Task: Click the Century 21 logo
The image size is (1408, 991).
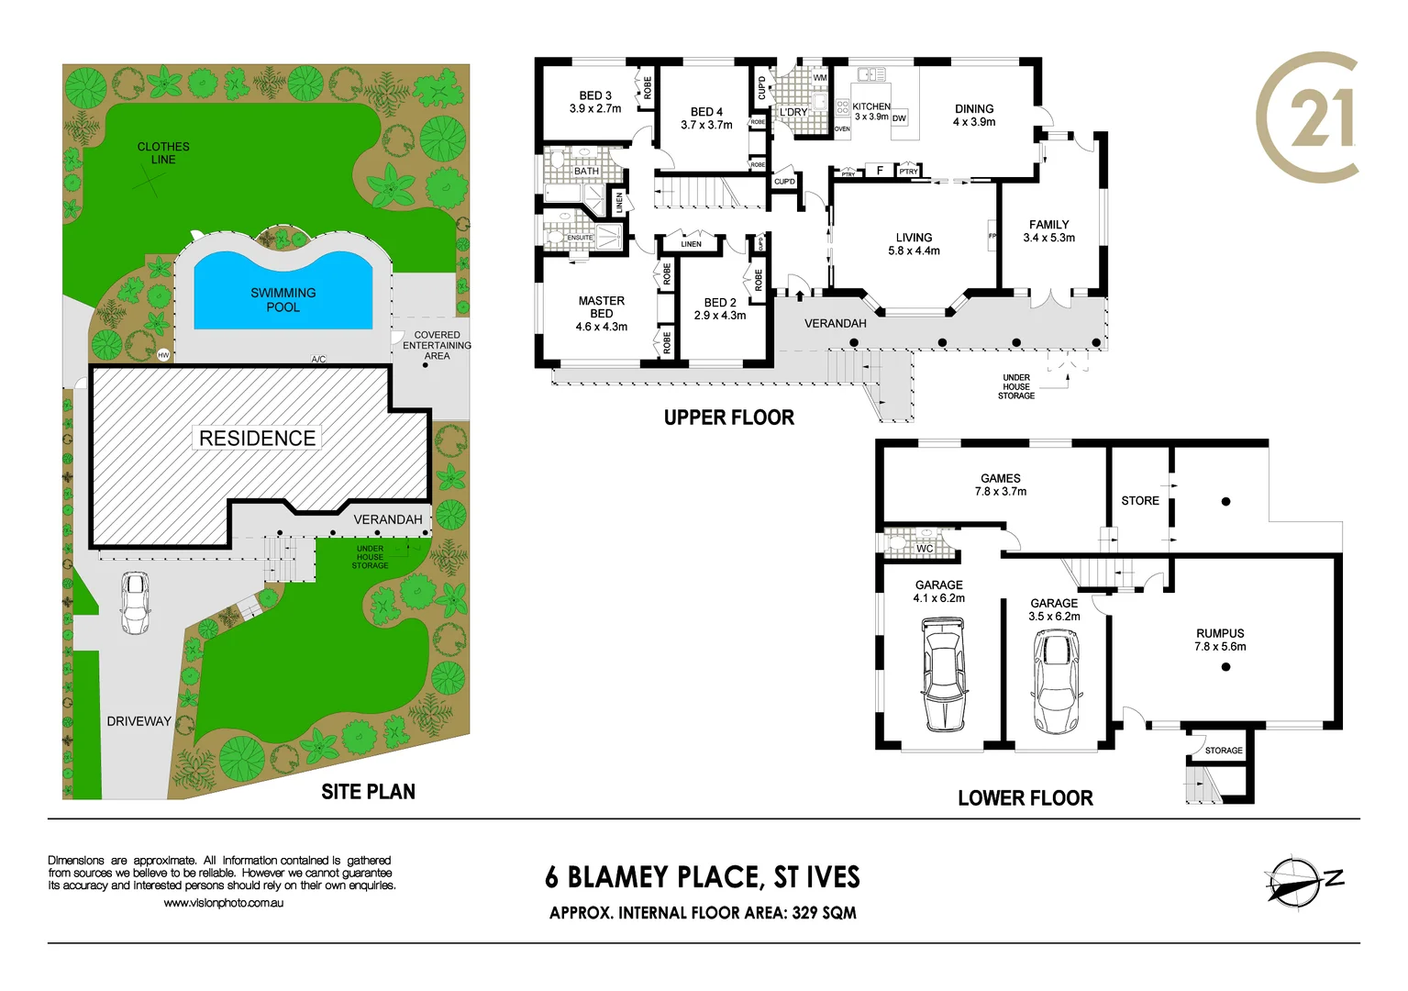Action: pyautogui.click(x=1307, y=117)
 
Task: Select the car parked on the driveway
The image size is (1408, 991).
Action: pyautogui.click(x=135, y=603)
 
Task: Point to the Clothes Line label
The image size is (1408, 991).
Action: pyautogui.click(x=163, y=152)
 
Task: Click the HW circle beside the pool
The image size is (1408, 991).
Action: pyautogui.click(x=163, y=355)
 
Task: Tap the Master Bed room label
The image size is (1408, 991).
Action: pyautogui.click(x=601, y=307)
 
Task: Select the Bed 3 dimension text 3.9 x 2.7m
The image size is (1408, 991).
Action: pyautogui.click(x=595, y=109)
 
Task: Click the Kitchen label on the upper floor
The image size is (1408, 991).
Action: pyautogui.click(x=870, y=106)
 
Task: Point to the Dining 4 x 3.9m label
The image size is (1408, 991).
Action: pyautogui.click(x=973, y=115)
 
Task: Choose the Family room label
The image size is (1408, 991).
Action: pyautogui.click(x=1048, y=225)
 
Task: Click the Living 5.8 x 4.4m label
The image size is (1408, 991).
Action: pyautogui.click(x=914, y=244)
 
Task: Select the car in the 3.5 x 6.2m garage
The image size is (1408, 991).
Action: pyautogui.click(x=1056, y=682)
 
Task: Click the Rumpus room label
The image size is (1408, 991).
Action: pyautogui.click(x=1220, y=633)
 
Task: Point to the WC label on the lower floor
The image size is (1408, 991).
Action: pyautogui.click(x=925, y=549)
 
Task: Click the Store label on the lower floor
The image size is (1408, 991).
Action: pyautogui.click(x=1139, y=501)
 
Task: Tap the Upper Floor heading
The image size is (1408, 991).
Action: pyautogui.click(x=728, y=418)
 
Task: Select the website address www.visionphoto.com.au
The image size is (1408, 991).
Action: pyautogui.click(x=223, y=903)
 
